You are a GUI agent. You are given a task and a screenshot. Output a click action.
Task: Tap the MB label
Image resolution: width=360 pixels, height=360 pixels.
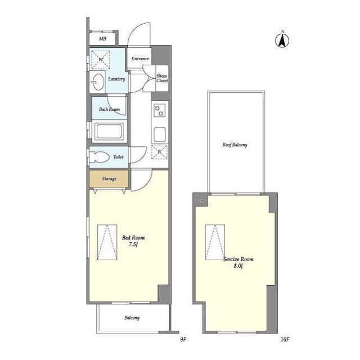(102, 39)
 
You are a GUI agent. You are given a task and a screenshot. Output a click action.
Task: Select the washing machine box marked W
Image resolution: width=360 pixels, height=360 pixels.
(101, 60)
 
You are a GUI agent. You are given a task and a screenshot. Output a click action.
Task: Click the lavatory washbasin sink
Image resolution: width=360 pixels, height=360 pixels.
(97, 82)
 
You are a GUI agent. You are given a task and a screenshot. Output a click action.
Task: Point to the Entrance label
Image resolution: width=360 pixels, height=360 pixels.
(140, 58)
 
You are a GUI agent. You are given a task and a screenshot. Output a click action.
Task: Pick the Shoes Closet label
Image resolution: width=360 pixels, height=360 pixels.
(162, 78)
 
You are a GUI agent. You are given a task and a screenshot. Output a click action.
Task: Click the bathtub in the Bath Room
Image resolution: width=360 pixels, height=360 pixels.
(109, 131)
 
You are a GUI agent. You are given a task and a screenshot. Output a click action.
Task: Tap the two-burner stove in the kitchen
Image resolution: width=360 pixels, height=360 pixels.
(160, 110)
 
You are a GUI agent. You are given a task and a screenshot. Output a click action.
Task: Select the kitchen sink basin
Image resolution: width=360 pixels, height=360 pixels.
(160, 134)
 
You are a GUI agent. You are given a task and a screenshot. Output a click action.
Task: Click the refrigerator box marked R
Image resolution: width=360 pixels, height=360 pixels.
(159, 152)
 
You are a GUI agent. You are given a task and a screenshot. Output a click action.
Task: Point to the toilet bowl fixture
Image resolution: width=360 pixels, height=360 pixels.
(99, 157)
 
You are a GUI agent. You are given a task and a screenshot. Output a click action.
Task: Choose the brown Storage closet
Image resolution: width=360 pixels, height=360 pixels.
(109, 179)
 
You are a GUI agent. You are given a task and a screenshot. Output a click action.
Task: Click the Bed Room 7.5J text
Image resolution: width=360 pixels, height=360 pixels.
(133, 241)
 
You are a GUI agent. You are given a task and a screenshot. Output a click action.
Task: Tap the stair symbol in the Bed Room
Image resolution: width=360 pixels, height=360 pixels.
(107, 242)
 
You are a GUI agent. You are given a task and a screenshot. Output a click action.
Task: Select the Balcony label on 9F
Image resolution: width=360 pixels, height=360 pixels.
(132, 318)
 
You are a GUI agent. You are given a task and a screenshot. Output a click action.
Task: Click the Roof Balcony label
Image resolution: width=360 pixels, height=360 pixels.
(235, 145)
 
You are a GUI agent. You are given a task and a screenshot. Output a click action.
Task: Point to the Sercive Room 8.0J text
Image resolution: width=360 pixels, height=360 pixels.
(238, 263)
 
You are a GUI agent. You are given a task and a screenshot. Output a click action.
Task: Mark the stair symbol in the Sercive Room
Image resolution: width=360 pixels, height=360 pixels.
(215, 242)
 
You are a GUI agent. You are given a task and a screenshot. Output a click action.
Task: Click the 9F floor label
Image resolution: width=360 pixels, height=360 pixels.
(183, 340)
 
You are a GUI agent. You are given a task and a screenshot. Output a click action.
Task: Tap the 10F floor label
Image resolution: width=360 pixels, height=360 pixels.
(285, 340)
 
